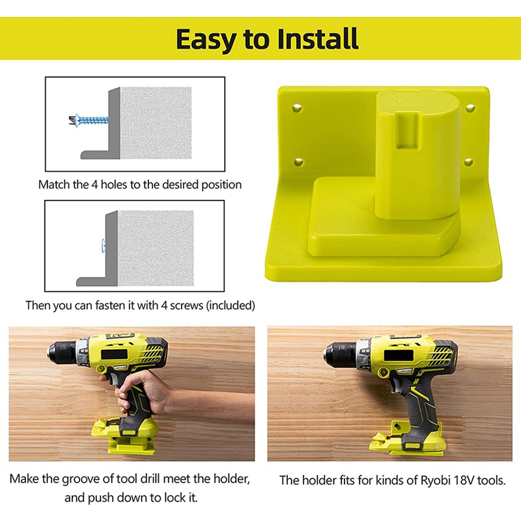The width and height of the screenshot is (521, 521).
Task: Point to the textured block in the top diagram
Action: pos(155,123)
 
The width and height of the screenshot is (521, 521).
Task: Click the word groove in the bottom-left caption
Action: pos(92,479)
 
